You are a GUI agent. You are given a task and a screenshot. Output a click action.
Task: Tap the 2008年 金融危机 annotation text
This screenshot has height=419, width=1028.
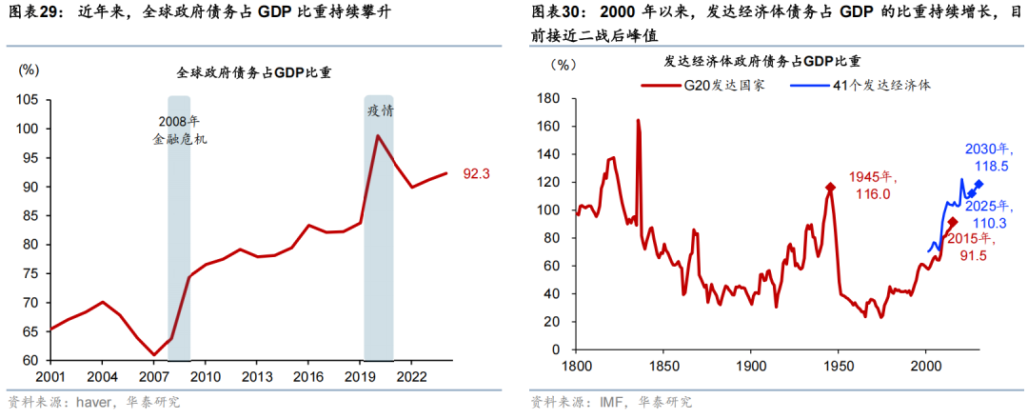click(x=179, y=130)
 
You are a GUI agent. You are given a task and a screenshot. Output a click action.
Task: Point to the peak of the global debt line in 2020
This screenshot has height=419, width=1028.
click(x=378, y=135)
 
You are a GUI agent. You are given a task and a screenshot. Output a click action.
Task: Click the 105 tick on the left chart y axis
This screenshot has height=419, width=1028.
click(x=27, y=100)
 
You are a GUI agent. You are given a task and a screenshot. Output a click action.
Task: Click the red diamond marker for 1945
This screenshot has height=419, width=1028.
click(x=830, y=188)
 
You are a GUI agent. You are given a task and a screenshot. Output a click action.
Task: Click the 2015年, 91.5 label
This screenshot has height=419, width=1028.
click(x=990, y=248)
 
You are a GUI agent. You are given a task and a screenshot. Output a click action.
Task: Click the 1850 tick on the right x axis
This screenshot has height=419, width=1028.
click(x=663, y=365)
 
